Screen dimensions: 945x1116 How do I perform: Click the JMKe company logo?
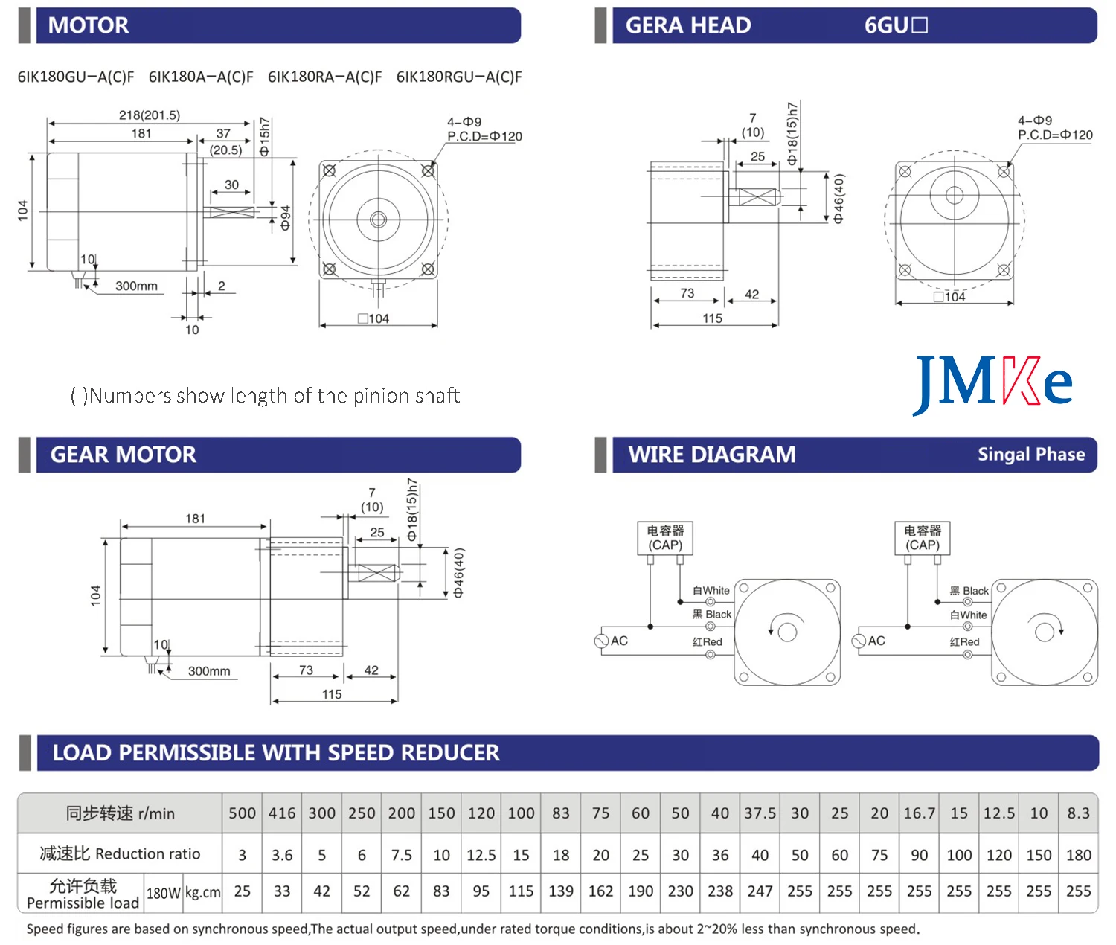click(x=992, y=383)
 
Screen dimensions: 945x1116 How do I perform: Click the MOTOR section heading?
click(x=88, y=25)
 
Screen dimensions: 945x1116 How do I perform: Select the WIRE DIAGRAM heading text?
click(x=711, y=455)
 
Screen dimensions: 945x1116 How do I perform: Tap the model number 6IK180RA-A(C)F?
click(x=324, y=77)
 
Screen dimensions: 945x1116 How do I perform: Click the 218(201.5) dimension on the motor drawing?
click(x=149, y=115)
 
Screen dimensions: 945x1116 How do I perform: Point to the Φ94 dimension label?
click(x=285, y=217)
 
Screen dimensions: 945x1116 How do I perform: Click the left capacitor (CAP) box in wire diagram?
click(x=665, y=538)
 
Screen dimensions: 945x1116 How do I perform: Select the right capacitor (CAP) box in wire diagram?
click(x=922, y=538)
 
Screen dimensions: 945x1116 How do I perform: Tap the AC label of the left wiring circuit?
click(x=619, y=641)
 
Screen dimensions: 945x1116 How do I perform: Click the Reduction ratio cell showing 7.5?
click(x=401, y=855)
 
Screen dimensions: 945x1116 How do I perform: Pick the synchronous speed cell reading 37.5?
click(x=760, y=813)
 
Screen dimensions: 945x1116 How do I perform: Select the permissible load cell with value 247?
click(x=760, y=891)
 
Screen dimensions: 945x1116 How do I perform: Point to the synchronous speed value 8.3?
click(x=1078, y=813)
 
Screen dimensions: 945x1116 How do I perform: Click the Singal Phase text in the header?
click(x=1030, y=455)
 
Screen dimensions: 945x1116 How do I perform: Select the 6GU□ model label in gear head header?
click(x=895, y=25)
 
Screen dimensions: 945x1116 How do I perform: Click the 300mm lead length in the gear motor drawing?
click(x=208, y=671)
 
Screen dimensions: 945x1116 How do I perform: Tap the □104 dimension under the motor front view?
click(x=373, y=319)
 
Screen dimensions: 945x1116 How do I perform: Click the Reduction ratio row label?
click(x=120, y=854)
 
